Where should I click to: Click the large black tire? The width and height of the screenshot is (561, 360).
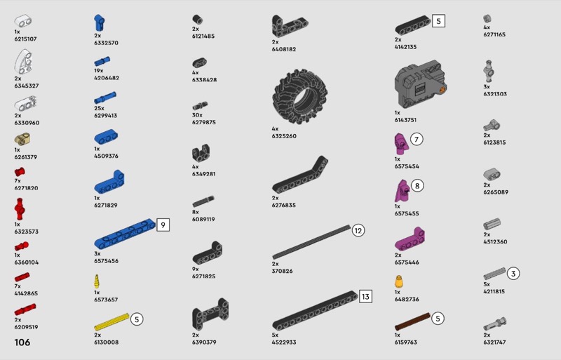[300, 97]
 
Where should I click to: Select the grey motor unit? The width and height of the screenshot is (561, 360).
[420, 84]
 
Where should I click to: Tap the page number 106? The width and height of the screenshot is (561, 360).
[22, 342]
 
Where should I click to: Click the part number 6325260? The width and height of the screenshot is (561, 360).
[284, 136]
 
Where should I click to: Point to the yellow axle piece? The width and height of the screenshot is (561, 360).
[111, 322]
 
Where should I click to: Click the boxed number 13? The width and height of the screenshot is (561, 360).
[365, 297]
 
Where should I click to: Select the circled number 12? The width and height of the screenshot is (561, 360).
[358, 230]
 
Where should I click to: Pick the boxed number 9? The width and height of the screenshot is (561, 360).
[163, 225]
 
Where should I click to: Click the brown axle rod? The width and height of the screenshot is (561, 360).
[412, 321]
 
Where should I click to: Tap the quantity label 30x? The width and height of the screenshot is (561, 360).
[197, 115]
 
